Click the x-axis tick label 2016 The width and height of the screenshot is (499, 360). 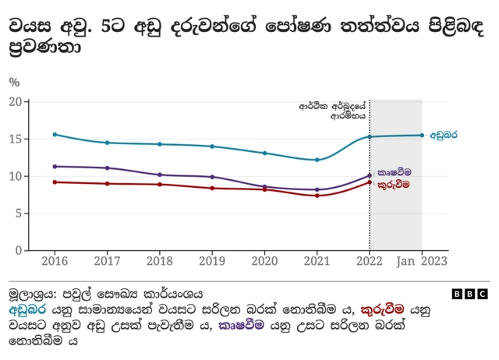[55, 261]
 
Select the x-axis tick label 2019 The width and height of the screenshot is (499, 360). [212, 261]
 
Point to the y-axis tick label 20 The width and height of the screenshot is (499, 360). [15, 101]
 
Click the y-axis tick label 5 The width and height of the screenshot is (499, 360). [18, 214]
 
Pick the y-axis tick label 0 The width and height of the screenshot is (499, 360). [18, 250]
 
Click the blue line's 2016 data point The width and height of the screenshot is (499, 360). [55, 134]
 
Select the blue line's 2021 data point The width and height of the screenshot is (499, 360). [317, 160]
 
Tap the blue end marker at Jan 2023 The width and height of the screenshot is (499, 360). [422, 136]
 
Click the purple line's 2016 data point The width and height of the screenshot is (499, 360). [55, 166]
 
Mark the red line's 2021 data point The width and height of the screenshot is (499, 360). [317, 196]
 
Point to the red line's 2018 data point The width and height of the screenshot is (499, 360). [160, 184]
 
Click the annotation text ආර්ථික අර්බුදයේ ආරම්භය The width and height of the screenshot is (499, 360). [333, 109]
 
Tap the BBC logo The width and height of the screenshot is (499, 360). [470, 294]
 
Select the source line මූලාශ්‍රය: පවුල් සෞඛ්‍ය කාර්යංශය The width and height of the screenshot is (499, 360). [105, 295]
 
